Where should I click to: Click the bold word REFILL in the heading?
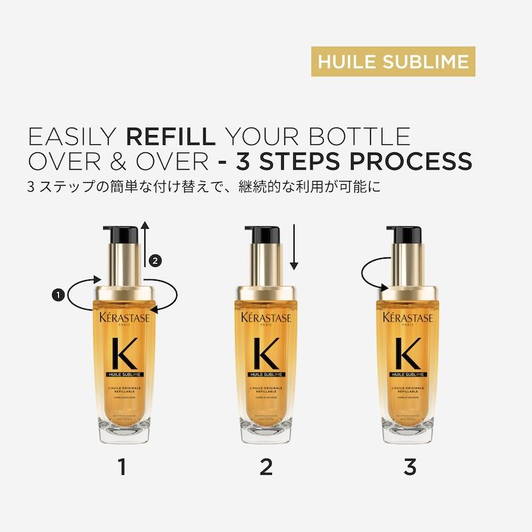click(170, 136)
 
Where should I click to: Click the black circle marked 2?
click(155, 260)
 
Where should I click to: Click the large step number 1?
click(121, 467)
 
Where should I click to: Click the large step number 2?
click(266, 467)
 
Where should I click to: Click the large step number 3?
click(410, 467)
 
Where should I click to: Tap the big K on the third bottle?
click(408, 354)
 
